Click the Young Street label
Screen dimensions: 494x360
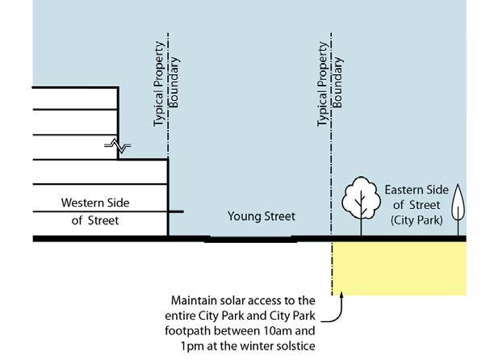262,216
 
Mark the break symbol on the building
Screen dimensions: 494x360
118,145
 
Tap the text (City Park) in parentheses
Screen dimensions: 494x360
417,220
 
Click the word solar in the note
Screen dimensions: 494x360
241,299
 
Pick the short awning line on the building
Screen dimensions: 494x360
176,211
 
